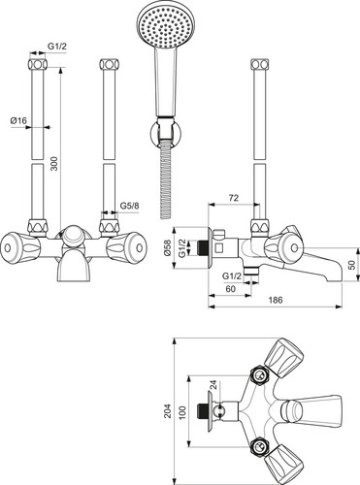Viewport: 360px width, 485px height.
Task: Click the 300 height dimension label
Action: (x=54, y=164)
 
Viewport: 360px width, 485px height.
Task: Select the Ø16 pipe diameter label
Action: (x=18, y=120)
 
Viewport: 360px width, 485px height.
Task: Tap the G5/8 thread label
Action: (x=129, y=206)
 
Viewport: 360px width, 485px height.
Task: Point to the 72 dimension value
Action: (x=234, y=197)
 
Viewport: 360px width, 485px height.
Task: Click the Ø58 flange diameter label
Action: (x=167, y=248)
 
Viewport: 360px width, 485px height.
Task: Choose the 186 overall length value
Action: (x=276, y=300)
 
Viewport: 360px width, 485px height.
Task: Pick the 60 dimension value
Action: (x=230, y=289)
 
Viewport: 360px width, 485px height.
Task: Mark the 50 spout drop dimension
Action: (x=352, y=265)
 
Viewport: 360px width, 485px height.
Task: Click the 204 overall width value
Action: (x=167, y=410)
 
